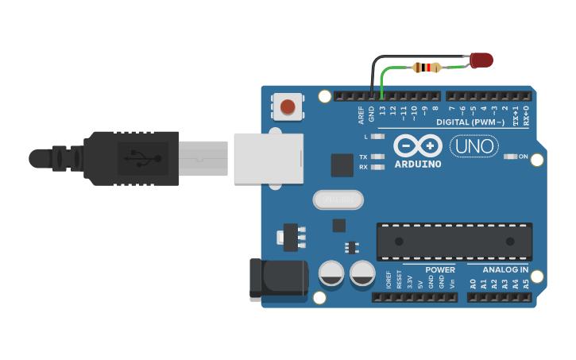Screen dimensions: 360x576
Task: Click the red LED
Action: tap(481, 60)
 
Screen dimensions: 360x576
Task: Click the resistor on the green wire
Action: tap(427, 68)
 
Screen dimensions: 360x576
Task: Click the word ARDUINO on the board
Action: tap(417, 165)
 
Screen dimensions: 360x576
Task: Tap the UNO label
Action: tap(474, 146)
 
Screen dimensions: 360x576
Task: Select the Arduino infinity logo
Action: tap(417, 146)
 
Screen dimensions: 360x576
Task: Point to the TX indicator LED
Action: tap(378, 157)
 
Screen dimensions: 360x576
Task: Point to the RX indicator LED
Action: tap(378, 167)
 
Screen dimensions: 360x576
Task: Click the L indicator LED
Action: tap(378, 137)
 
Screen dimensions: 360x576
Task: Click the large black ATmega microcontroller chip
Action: tap(454, 241)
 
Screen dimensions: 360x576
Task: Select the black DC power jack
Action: tap(278, 277)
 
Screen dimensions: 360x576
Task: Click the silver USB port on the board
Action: tap(269, 158)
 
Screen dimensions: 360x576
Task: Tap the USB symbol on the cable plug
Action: tap(142, 158)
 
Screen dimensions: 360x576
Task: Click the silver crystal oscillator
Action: tap(337, 199)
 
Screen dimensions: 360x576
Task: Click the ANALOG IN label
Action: tap(506, 269)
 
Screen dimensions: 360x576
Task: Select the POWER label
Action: tap(439, 269)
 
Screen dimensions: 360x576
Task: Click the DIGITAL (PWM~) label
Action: tap(470, 122)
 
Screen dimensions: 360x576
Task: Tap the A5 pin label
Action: tap(526, 283)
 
